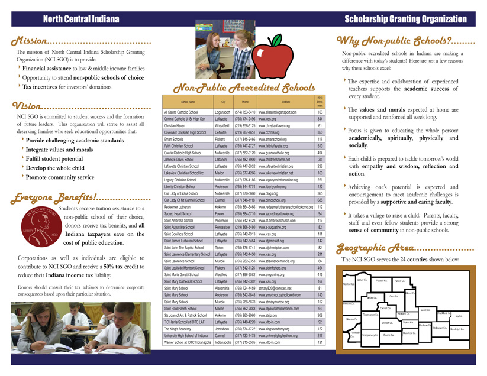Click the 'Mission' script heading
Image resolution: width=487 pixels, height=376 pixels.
30,42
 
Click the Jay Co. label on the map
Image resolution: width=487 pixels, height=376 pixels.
460,316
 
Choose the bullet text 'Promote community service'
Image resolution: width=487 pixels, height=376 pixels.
60,177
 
